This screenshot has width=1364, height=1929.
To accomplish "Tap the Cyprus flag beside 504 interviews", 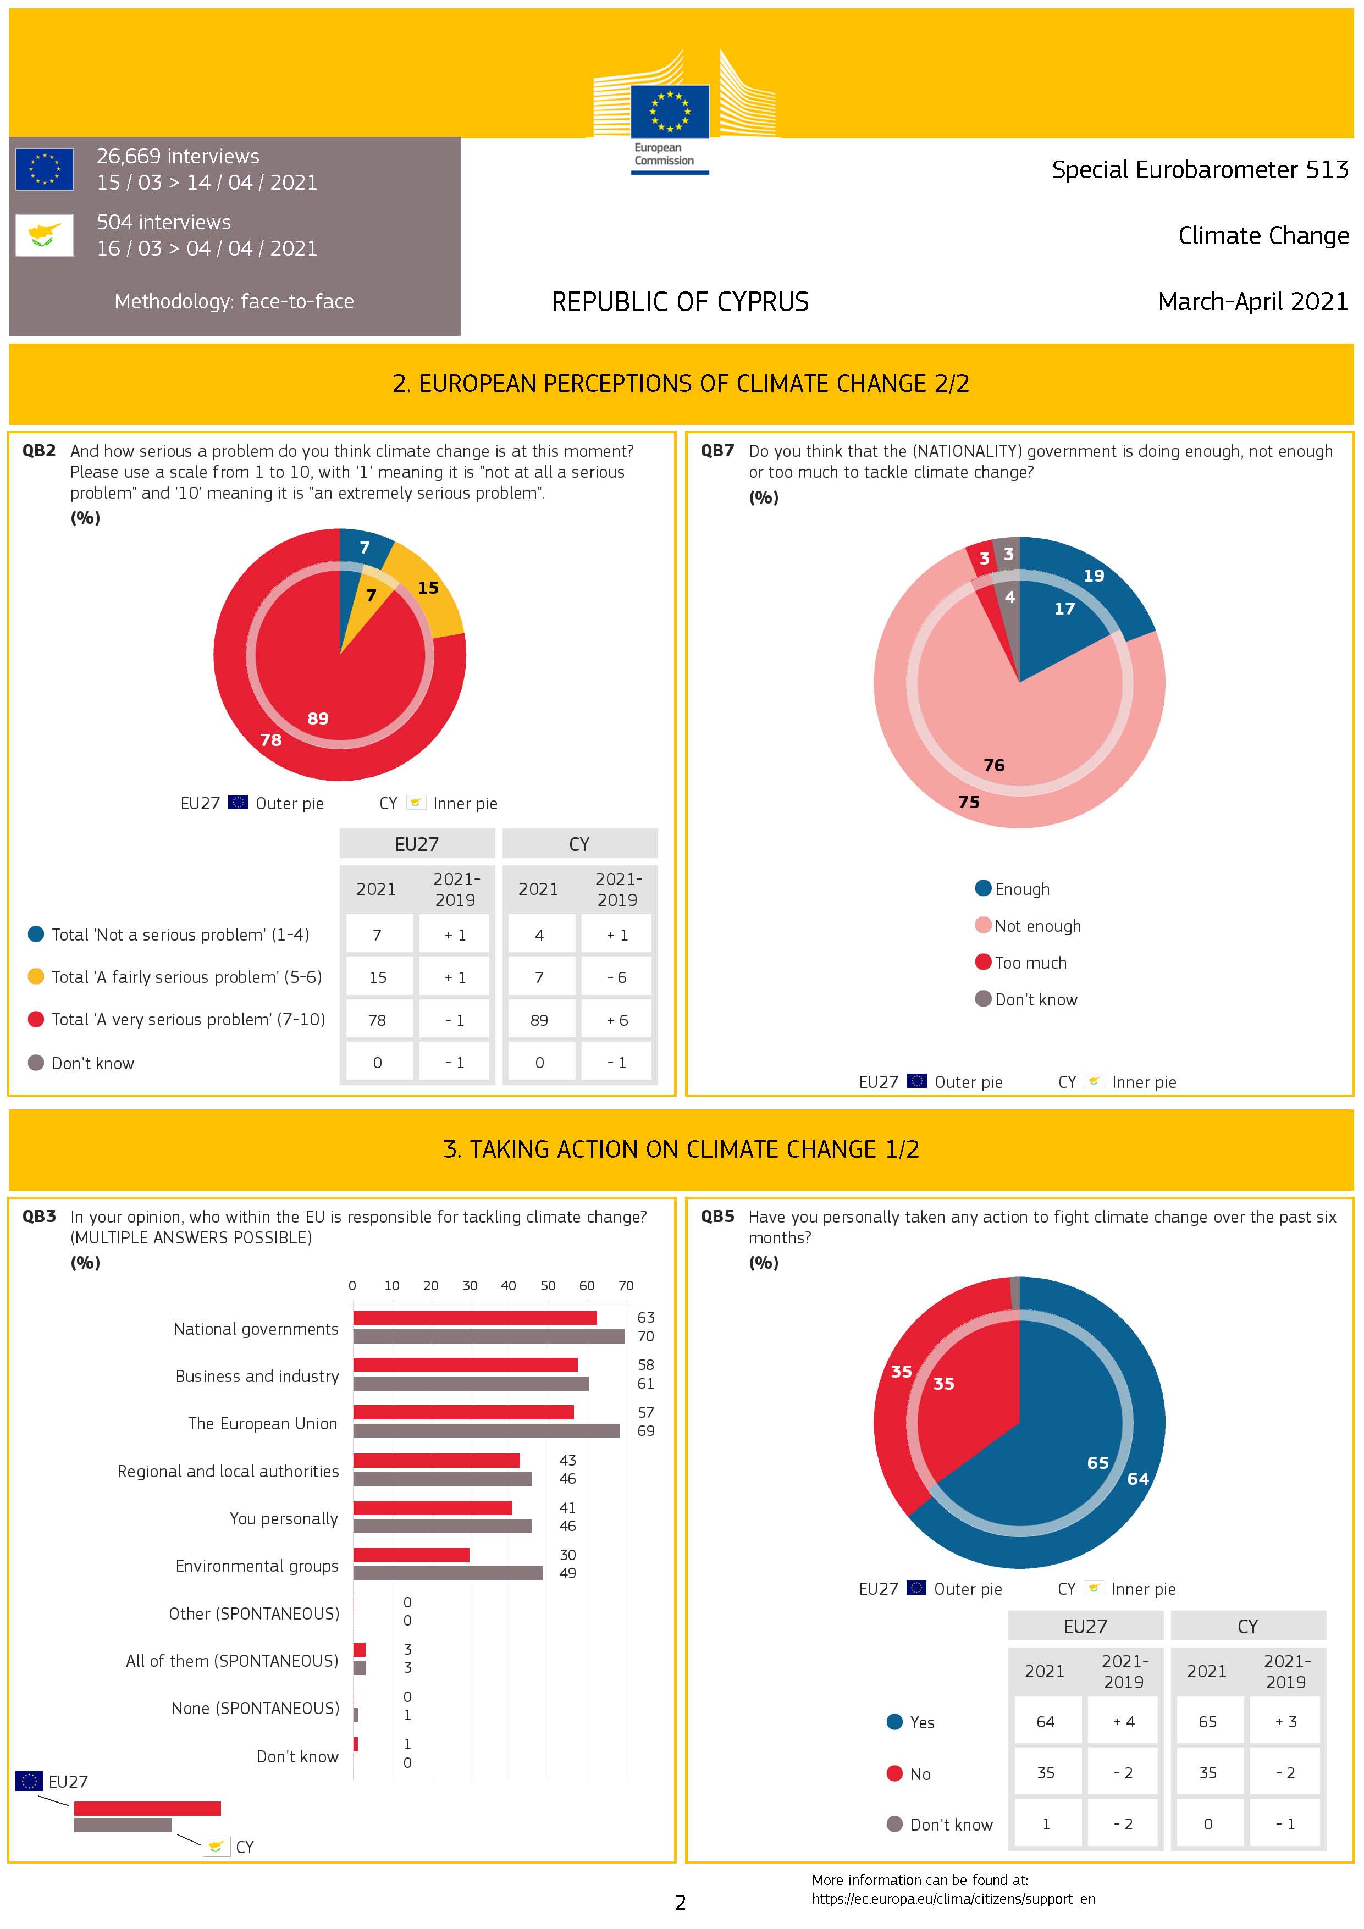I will click(x=45, y=234).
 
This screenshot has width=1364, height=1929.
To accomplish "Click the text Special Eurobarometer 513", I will click(x=1199, y=170).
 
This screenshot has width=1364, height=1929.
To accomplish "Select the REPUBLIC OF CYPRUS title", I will click(x=680, y=302).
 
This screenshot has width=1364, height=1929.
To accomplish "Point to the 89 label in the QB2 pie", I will click(x=318, y=718).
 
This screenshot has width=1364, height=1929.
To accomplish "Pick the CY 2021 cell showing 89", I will click(x=539, y=1020).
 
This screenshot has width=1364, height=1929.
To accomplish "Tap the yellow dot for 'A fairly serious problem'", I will click(x=35, y=976).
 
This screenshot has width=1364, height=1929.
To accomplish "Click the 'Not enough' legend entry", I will click(x=1028, y=926).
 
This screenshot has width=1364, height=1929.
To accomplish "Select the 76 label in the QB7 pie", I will click(x=994, y=765).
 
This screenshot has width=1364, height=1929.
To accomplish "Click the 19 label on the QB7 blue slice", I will click(x=1094, y=576).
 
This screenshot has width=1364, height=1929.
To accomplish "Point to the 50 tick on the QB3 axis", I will click(x=548, y=1285).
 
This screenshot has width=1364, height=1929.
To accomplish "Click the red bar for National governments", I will click(x=475, y=1317).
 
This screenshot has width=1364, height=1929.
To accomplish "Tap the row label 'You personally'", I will click(x=284, y=1518).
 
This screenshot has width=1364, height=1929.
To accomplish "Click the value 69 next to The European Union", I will click(x=645, y=1431).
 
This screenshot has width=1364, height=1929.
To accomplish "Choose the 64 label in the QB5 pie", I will click(x=1138, y=1479).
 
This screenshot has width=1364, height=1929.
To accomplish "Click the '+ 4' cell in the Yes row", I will click(x=1123, y=1722).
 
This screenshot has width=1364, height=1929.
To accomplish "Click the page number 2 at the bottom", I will click(x=681, y=1903).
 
